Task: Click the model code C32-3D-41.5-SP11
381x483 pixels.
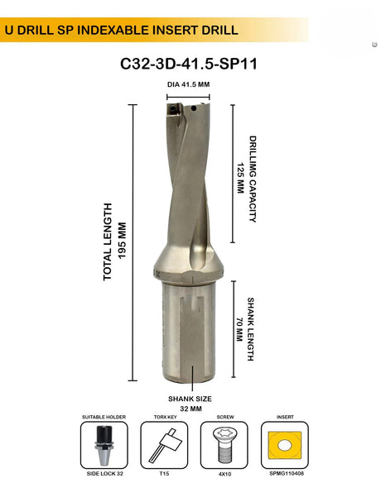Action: [x=190, y=64]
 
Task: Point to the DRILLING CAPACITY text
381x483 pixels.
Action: [x=253, y=179]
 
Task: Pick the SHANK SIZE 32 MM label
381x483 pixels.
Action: [x=190, y=402]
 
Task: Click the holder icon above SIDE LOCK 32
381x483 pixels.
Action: [x=104, y=447]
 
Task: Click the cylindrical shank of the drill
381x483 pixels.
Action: [x=190, y=331]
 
